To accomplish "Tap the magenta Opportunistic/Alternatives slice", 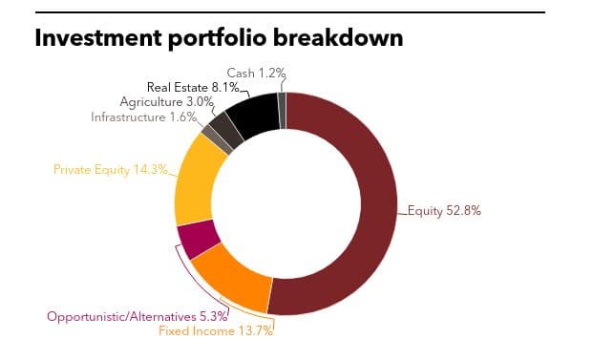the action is point(199,239).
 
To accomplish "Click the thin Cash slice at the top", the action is point(282,111).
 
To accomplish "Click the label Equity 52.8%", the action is point(444,211).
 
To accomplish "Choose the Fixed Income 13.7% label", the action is point(216,331).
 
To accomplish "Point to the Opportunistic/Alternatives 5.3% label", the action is point(138,316).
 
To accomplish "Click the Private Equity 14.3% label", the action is point(111,169).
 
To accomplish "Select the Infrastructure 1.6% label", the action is point(143,116).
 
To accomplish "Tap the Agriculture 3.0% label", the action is point(167,102).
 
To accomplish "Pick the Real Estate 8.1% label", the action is point(193,87).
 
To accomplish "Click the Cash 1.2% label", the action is point(256,73).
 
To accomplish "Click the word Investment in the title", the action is point(98,37).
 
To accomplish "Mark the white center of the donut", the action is point(286,203).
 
